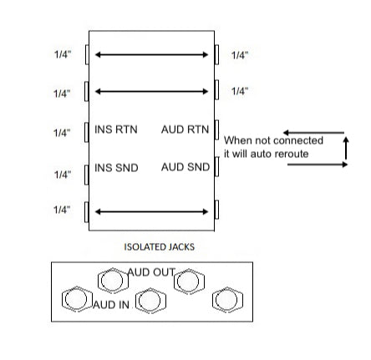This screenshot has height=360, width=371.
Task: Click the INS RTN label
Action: (x=116, y=129)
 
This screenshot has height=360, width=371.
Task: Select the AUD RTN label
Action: (x=185, y=129)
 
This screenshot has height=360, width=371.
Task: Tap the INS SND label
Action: (x=116, y=168)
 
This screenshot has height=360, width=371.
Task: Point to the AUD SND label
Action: (x=185, y=167)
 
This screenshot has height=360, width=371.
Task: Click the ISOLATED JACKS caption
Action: (x=159, y=247)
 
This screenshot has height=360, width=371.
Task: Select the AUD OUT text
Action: (x=151, y=272)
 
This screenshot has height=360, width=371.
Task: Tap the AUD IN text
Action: (x=111, y=305)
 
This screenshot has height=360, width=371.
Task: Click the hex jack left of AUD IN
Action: (x=77, y=299)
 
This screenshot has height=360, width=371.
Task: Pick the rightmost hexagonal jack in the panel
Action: (x=227, y=300)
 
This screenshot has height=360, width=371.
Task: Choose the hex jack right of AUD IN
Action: (x=150, y=301)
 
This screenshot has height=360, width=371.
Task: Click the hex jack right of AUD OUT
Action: (x=189, y=281)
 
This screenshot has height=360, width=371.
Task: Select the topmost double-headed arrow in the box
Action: (x=151, y=54)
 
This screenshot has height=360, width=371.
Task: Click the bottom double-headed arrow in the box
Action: (x=151, y=212)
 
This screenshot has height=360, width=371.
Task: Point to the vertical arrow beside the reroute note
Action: (x=346, y=148)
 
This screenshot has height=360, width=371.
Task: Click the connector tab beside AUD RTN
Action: (x=216, y=129)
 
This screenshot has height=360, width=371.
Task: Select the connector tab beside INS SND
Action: (x=87, y=175)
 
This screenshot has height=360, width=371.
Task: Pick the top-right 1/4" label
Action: (x=240, y=55)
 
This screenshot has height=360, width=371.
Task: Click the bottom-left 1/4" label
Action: (x=62, y=210)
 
